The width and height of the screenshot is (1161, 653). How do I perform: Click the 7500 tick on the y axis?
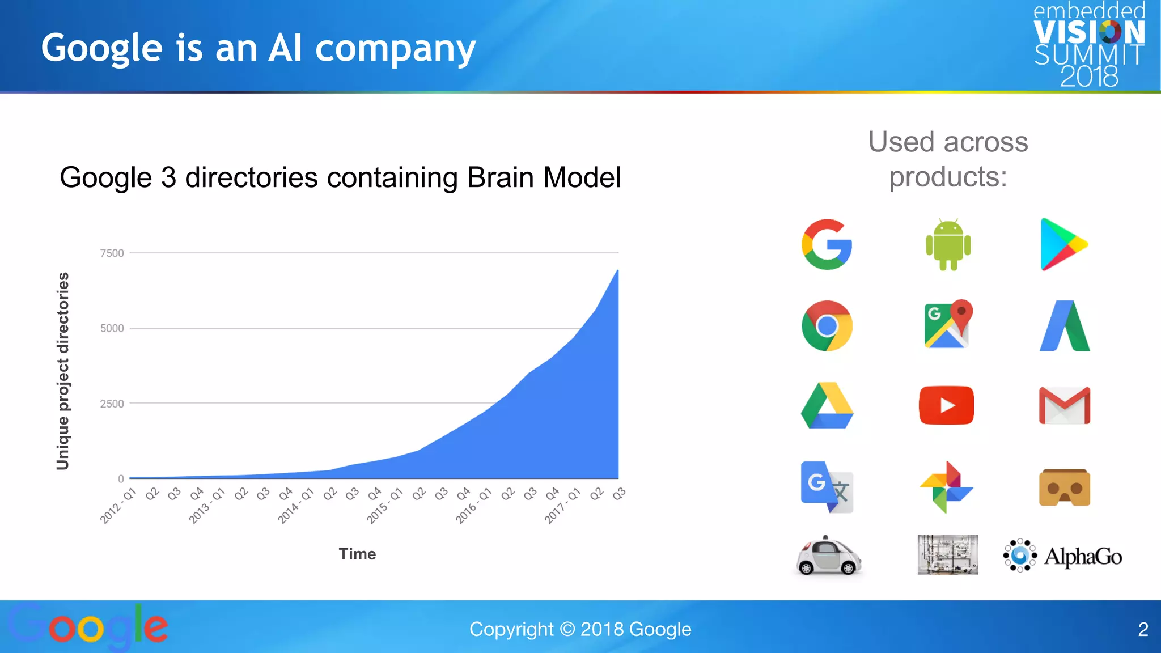112,253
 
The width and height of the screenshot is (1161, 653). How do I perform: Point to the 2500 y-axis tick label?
112,404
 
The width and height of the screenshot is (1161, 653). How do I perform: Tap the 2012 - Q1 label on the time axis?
118,506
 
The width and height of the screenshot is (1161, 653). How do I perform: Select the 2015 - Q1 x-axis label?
384,506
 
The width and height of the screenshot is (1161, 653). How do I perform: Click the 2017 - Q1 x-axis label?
562,506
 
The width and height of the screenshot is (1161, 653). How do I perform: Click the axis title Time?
357,554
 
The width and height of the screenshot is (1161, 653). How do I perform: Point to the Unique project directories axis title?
63,371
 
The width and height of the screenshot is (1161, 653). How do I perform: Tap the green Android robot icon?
948,244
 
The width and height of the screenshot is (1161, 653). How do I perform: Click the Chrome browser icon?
827,325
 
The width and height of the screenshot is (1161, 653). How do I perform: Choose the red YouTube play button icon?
946,405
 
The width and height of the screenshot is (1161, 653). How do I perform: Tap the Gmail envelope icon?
1064,405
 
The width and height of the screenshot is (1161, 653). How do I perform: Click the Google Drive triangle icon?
827,405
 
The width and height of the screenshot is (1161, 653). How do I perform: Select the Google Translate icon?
827,487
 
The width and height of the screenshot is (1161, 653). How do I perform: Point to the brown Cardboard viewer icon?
1064,487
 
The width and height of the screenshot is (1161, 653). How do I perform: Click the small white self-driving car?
828,556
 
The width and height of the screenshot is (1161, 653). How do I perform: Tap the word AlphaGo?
1083,557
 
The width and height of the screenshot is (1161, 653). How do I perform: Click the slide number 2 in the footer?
1143,629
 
